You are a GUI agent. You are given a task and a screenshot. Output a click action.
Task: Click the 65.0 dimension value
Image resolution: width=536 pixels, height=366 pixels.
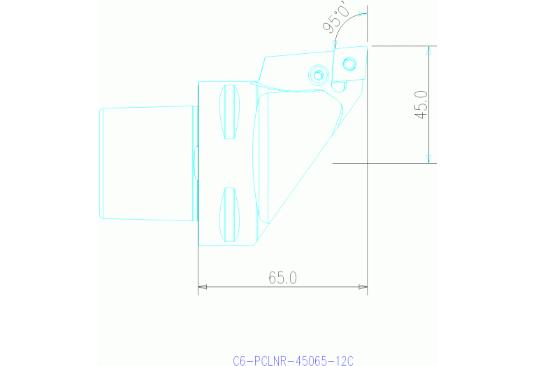[x=283, y=278]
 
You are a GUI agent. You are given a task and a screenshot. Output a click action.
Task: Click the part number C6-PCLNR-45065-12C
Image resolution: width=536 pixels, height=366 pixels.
[x=294, y=361]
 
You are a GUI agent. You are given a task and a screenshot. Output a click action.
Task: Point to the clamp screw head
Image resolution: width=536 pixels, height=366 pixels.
[x=319, y=74]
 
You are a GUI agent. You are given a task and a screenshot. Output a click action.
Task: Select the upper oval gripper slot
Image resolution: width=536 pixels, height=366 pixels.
[x=229, y=111]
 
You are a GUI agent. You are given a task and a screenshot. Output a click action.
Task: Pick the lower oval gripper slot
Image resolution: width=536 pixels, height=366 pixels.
[x=229, y=213]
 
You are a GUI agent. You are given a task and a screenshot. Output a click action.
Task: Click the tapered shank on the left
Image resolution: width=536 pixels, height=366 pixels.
[x=147, y=163]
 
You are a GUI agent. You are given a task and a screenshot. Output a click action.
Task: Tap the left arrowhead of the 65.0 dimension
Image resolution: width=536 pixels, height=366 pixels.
[x=203, y=286]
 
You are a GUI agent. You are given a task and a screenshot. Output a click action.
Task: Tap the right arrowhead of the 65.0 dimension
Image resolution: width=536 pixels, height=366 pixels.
[x=363, y=286]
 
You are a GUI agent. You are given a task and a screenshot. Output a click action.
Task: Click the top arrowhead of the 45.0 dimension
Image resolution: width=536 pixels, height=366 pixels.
[x=429, y=50]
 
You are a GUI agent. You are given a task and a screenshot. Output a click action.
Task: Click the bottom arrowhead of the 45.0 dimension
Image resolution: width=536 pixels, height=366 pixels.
[x=429, y=158]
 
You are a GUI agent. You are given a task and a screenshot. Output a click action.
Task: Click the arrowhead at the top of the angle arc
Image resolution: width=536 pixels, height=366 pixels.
[x=361, y=13]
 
